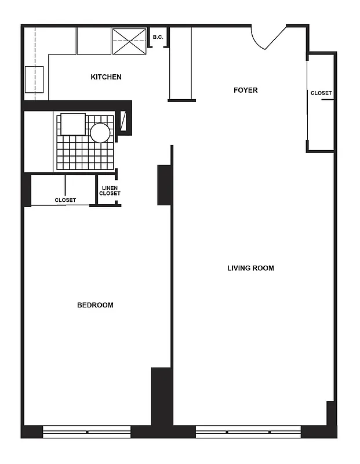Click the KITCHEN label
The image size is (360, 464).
pyautogui.click(x=106, y=77)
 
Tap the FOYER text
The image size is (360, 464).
pyautogui.click(x=245, y=90)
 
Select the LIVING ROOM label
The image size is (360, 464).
pyautogui.click(x=250, y=268)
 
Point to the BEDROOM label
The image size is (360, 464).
pyautogui.click(x=95, y=305)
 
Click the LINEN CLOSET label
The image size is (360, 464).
pyautogui.click(x=110, y=191)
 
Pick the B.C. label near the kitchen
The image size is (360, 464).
pyautogui.click(x=157, y=38)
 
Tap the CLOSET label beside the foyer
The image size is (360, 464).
pyautogui.click(x=321, y=93)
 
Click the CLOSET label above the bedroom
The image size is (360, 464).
pyautogui.click(x=65, y=200)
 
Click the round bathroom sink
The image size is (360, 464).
pyautogui.click(x=100, y=133)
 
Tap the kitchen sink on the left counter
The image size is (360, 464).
pyautogui.click(x=34, y=79)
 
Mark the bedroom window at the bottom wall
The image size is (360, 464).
pyautogui.click(x=87, y=432)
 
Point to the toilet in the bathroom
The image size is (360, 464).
pyautogui.click(x=73, y=124)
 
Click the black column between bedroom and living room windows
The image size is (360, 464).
pyautogui.click(x=162, y=400)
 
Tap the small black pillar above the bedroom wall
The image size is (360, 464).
pyautogui.click(x=163, y=185)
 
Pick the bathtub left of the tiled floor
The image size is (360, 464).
pyautogui.click(x=38, y=142)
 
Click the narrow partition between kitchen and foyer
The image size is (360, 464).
pyautogui.click(x=180, y=64)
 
